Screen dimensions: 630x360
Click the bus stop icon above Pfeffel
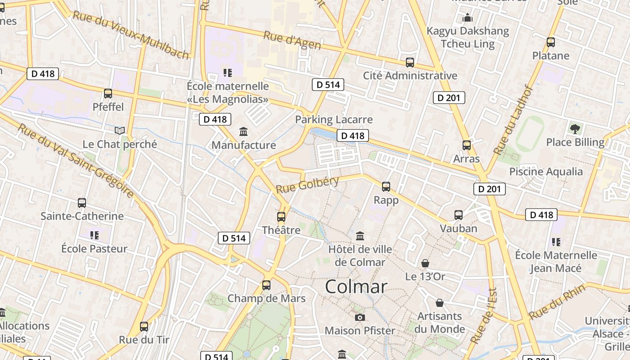point(108,94)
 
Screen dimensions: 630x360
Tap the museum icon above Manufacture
point(243,131)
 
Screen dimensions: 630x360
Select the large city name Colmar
point(356,287)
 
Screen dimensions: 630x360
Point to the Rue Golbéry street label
point(307,184)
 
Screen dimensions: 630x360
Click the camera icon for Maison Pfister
point(360,317)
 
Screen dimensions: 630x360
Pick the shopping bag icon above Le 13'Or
point(425,263)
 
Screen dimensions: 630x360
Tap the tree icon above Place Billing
point(575,129)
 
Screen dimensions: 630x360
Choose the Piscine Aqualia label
point(546,171)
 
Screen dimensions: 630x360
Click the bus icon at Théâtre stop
point(281,217)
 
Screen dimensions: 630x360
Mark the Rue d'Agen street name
point(292,40)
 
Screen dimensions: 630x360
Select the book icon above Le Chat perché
point(120,130)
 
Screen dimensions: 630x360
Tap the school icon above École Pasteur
point(94,234)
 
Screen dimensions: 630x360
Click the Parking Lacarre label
point(334,119)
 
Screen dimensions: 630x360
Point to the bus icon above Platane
point(551,42)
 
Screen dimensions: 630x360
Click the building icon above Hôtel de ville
point(360,236)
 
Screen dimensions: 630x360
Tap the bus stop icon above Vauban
point(459,215)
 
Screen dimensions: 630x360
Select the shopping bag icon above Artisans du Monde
point(440,303)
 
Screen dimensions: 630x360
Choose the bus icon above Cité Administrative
point(409,62)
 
